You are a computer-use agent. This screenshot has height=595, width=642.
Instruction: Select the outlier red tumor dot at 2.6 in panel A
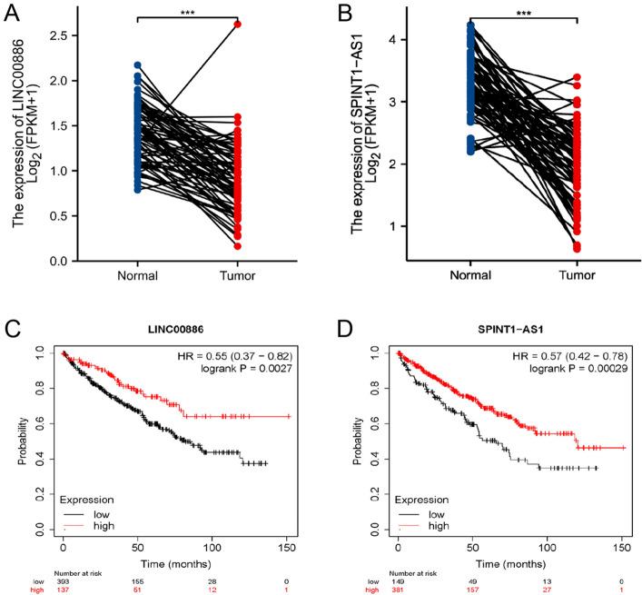237,25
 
